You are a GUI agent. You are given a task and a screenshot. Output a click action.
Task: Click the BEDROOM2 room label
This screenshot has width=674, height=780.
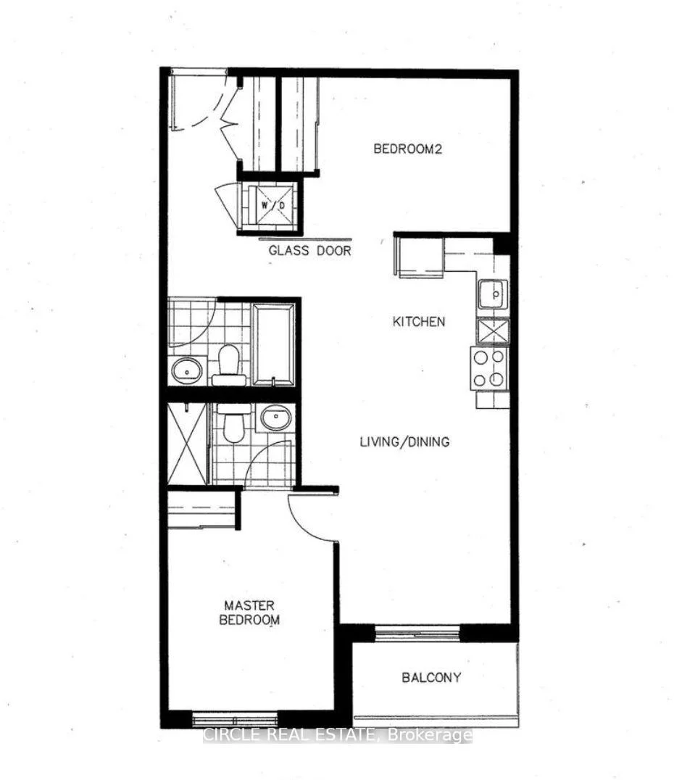coord(407,149)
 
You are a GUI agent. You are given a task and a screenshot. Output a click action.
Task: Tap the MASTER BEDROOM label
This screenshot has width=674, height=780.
coord(249,613)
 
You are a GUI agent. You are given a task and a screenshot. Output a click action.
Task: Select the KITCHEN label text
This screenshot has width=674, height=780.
coord(419,321)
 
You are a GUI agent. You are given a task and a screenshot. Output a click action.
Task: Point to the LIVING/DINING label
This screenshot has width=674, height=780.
coord(404,441)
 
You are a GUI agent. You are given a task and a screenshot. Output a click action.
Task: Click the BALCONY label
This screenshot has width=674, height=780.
coord(431,677)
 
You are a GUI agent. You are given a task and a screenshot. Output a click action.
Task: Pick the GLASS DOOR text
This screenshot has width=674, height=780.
coord(310,250)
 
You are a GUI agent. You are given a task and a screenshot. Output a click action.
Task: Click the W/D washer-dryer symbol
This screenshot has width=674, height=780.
coord(272,204)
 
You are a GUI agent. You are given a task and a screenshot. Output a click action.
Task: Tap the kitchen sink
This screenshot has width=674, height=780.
coord(493,294)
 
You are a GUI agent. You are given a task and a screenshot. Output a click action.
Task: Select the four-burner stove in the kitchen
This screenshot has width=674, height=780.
coord(489,368)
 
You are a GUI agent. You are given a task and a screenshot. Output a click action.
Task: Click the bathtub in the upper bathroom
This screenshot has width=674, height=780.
coord(273,344)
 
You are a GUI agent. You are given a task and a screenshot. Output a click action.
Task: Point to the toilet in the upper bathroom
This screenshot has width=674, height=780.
coord(229,365)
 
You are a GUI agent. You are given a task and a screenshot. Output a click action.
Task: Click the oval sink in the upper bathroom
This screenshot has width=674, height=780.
coord(187,370)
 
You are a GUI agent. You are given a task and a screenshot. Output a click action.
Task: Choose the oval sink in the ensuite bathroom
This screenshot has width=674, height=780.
coord(276,417)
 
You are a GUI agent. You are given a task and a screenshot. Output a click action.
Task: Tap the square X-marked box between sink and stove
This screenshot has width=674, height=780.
coord(493,331)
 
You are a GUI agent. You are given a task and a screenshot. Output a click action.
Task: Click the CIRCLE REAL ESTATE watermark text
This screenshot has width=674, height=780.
coord(337,734)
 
